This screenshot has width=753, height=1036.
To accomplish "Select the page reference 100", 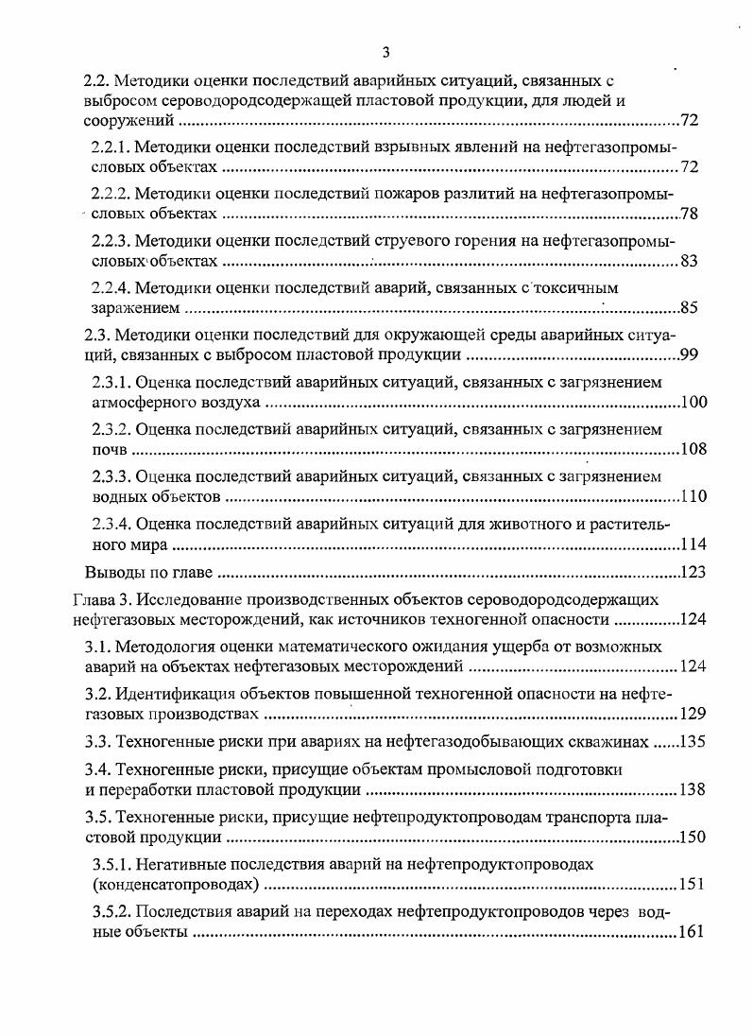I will [693, 403].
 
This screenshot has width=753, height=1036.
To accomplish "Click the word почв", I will [102, 449].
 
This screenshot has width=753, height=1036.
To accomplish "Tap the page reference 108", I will [693, 449].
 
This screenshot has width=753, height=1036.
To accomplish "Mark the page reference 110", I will [693, 496].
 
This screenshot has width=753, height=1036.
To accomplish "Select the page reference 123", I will [693, 573].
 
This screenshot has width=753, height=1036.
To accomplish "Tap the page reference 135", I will [693, 741].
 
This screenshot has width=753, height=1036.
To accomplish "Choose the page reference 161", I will [693, 933].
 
